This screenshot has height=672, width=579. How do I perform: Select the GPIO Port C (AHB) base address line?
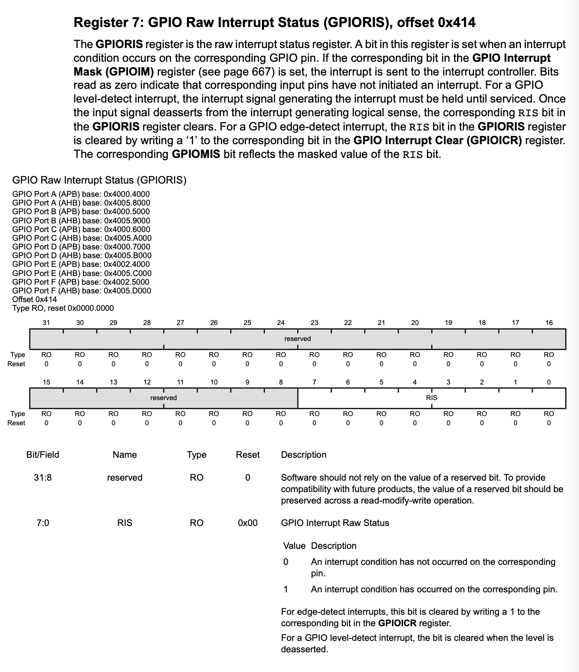(x=82, y=238)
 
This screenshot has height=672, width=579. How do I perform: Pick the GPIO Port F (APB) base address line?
(x=81, y=282)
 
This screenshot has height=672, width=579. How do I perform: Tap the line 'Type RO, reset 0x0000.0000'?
(x=63, y=308)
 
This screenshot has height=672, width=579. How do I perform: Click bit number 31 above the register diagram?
(x=46, y=323)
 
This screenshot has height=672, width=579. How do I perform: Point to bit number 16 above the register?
(x=549, y=323)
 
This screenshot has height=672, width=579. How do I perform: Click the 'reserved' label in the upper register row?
(x=297, y=339)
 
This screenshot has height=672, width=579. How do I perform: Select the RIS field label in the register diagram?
(x=432, y=398)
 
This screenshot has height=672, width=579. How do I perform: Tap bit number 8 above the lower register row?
(x=281, y=382)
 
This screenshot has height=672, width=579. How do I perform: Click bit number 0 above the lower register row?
(x=549, y=382)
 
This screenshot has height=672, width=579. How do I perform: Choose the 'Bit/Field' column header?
(x=43, y=455)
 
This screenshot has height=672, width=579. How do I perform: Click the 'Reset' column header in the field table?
(x=247, y=455)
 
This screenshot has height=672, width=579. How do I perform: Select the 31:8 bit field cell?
(x=43, y=477)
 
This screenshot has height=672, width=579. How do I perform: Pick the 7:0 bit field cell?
(x=43, y=523)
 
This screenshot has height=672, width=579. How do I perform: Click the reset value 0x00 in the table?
(x=247, y=523)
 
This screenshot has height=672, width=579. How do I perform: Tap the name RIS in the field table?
(x=125, y=523)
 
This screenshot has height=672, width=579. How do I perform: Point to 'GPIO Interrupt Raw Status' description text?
(x=335, y=523)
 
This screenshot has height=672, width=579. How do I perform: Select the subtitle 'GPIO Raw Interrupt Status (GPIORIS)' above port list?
(x=99, y=180)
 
